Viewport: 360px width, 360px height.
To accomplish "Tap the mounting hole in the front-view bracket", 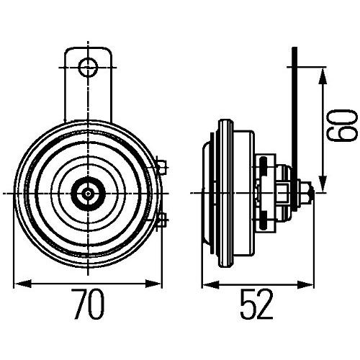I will [89, 67].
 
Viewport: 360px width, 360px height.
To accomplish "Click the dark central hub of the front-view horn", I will [88, 192].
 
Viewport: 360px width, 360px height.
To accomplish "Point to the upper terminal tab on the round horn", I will [161, 168].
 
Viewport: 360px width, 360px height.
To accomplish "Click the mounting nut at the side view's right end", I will [307, 192].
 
